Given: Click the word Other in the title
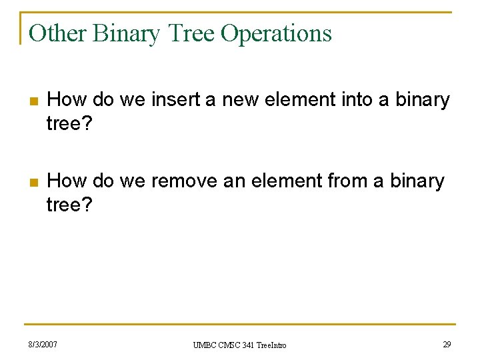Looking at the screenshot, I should click(58, 33).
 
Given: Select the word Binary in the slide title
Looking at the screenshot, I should click(127, 33).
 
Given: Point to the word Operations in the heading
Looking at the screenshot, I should click(276, 33).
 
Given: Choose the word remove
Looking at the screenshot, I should click(185, 181).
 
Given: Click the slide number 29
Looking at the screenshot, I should click(447, 345).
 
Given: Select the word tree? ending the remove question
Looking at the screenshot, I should click(69, 205).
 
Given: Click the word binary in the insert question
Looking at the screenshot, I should click(423, 100).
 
